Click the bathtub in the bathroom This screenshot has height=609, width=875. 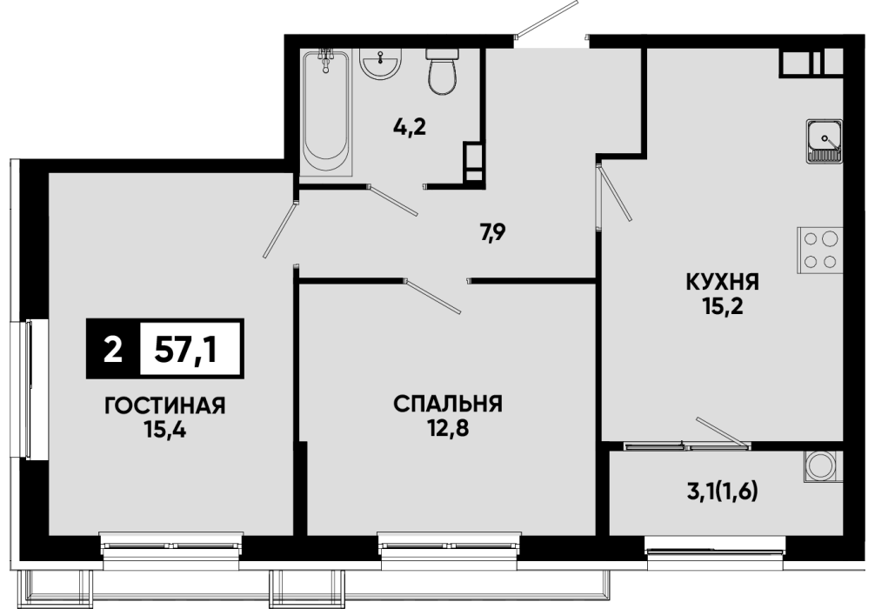[326, 111]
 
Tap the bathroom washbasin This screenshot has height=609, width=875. [381, 64]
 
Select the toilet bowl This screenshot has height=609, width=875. [443, 70]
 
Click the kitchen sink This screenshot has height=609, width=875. [825, 141]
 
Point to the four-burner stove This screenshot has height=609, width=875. [819, 250]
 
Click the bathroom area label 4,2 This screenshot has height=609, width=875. [409, 128]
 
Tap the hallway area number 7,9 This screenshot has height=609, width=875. [493, 231]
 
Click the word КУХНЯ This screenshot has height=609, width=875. [723, 282]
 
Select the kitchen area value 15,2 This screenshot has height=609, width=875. [723, 306]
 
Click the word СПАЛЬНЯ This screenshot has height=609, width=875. [448, 404]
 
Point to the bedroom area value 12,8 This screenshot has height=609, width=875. [449, 428]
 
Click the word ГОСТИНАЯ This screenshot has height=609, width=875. [165, 405]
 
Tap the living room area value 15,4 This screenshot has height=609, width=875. [164, 430]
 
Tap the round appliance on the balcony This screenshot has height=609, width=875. [822, 465]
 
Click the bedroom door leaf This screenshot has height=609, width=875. [433, 296]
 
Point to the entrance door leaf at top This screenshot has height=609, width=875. [547, 18]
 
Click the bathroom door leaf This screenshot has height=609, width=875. [393, 200]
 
